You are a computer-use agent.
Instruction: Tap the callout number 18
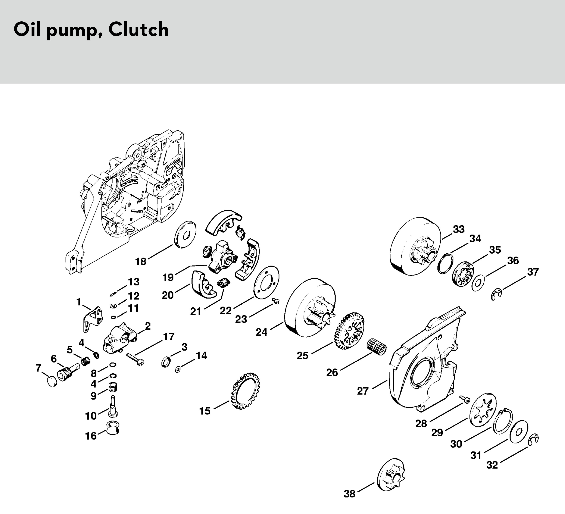click(x=141, y=262)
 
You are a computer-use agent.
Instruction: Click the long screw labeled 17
click(x=135, y=359)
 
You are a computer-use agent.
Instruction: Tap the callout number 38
click(x=350, y=502)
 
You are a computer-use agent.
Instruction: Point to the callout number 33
click(x=459, y=229)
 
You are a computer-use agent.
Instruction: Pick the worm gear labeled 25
click(x=349, y=331)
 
